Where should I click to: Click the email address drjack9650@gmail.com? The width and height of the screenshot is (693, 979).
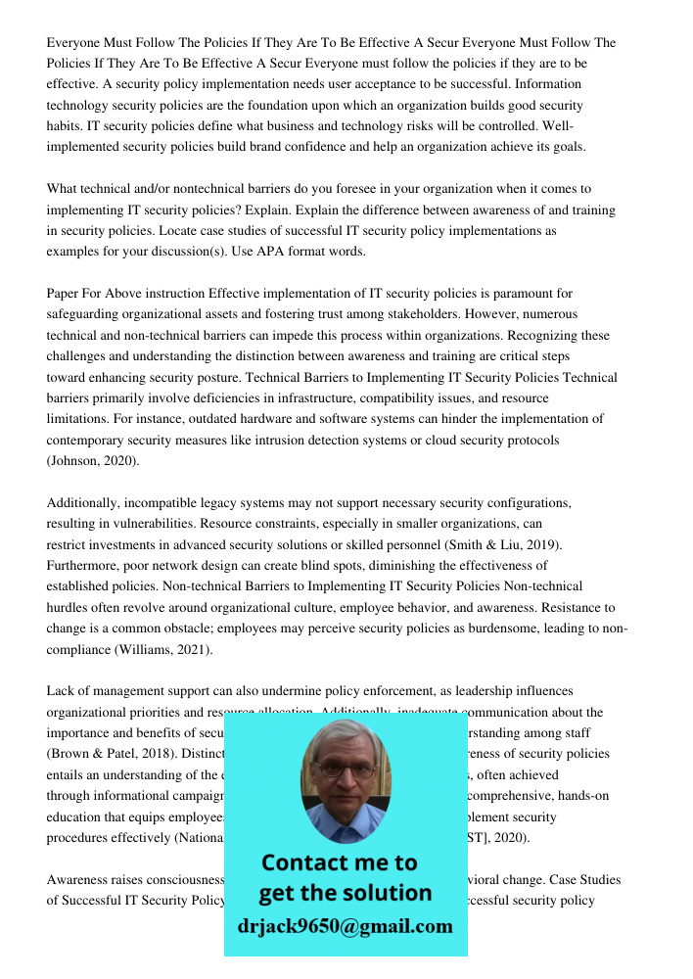[346, 926]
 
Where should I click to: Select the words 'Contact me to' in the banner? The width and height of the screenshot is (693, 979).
[339, 863]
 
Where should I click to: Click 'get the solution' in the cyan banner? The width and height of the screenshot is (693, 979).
[345, 893]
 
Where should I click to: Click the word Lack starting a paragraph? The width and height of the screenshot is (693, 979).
[63, 691]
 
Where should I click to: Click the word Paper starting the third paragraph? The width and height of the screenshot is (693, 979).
[66, 294]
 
